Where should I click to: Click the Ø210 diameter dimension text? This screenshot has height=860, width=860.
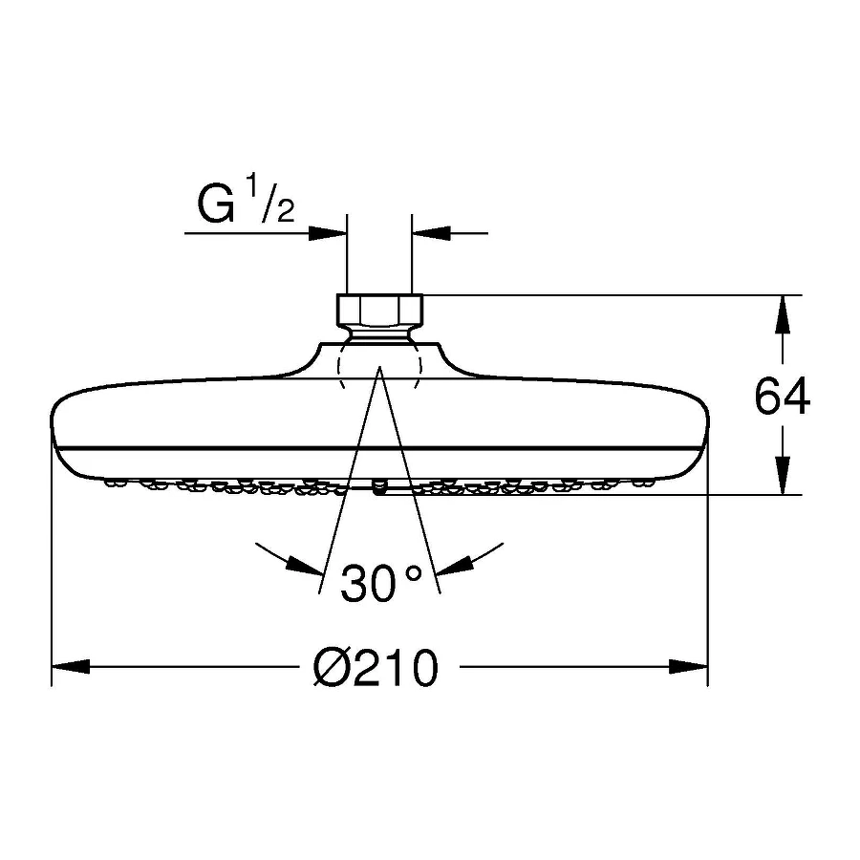coord(376,667)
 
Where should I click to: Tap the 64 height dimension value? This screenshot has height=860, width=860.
coord(782,396)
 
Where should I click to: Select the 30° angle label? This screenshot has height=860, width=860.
coord(381,583)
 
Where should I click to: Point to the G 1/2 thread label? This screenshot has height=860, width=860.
coord(247,202)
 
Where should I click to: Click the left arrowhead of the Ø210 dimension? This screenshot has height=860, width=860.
coord(70,667)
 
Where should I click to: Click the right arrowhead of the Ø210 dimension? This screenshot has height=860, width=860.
coord(689,667)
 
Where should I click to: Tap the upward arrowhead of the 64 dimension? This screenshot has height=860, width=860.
coord(782,314)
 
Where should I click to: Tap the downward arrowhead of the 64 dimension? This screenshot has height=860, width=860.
coord(782,476)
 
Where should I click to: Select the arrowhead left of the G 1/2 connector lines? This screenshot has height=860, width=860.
coord(328,233)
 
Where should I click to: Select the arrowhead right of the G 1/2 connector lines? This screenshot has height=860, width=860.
coord(431,233)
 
